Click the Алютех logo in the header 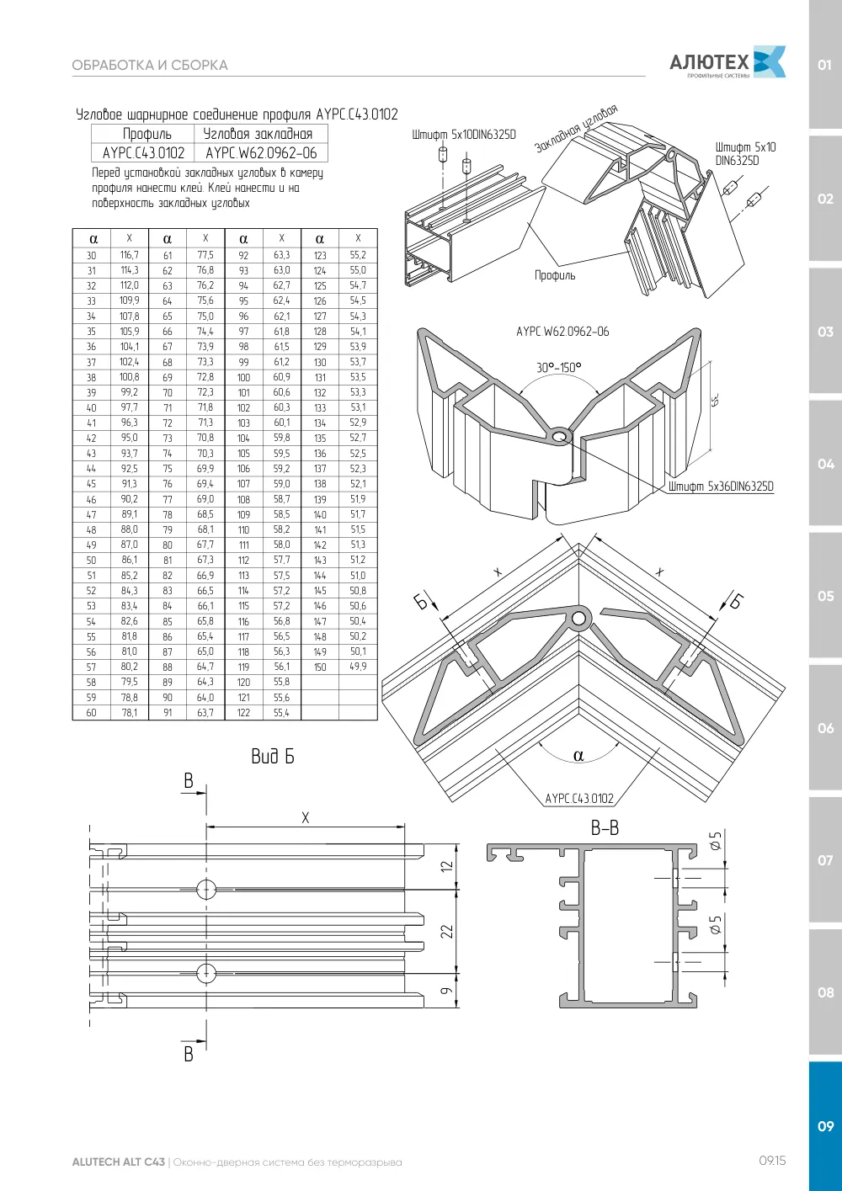point(727,62)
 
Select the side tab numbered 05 point(825,596)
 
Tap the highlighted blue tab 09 point(825,1125)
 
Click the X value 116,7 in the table point(130,255)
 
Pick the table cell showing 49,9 point(358,667)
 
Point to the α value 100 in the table point(243,378)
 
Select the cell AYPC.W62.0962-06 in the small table point(261,153)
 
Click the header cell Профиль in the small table point(147,134)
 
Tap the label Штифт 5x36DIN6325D point(721,487)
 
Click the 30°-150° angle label point(558,368)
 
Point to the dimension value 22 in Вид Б point(447,931)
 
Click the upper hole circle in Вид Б point(206,889)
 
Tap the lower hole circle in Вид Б point(206,973)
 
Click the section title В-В point(605,828)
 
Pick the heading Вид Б point(272,756)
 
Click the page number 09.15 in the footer point(772,1161)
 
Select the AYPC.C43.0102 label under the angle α point(579,798)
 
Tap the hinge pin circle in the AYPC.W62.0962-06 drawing point(560,437)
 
